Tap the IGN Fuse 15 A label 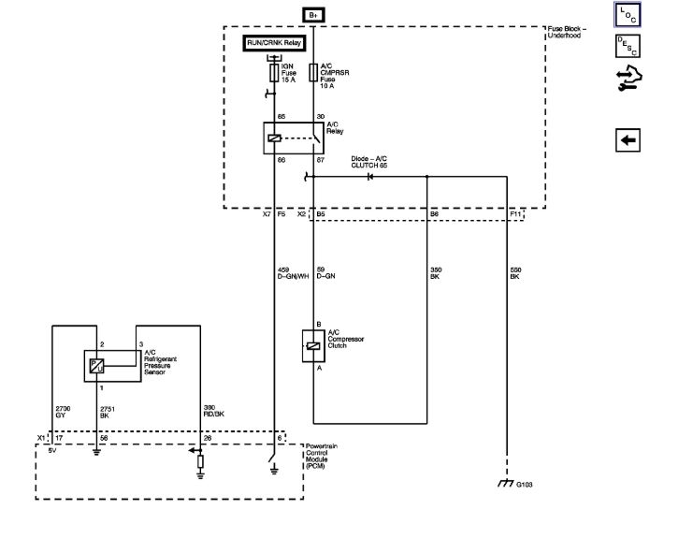[289, 72]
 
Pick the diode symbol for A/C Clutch [369, 176]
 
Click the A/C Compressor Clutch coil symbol [312, 346]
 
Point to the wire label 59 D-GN [325, 273]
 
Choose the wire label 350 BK [435, 273]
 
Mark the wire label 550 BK [514, 273]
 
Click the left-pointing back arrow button [628, 139]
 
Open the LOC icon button [627, 15]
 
